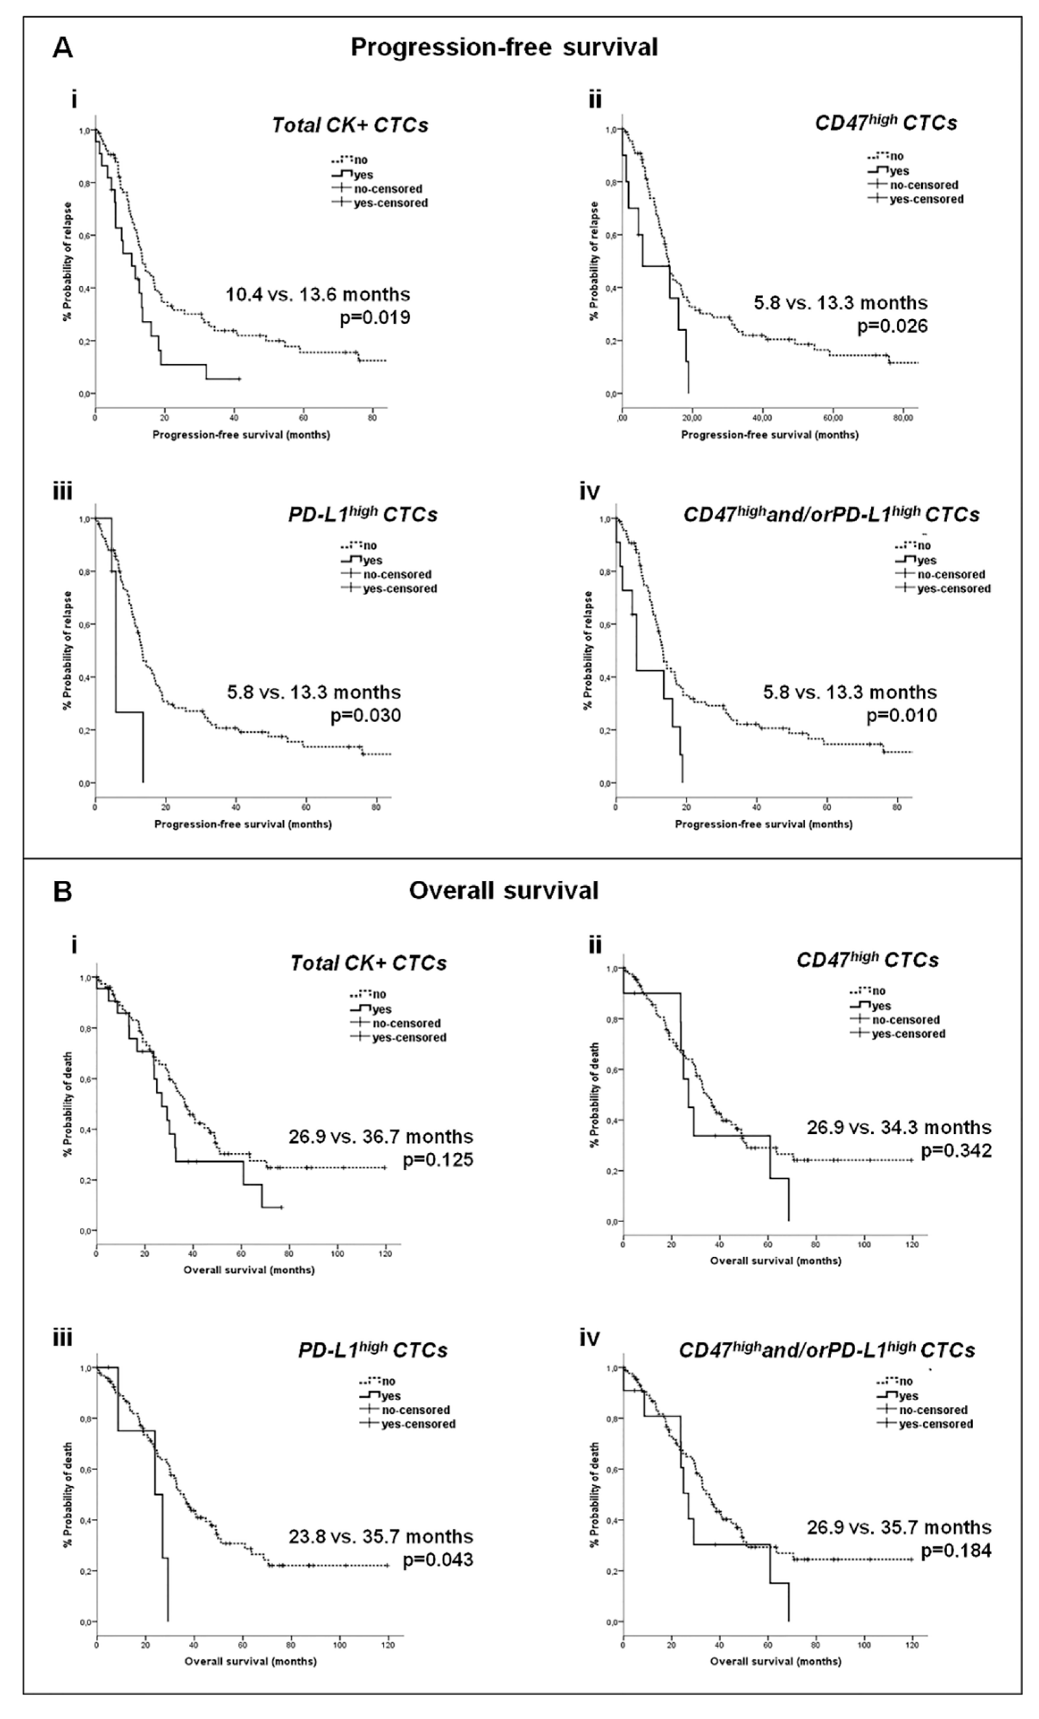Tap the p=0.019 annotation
tap(375, 318)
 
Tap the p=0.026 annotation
tap(892, 326)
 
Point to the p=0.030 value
tap(366, 715)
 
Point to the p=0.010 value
tap(902, 715)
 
